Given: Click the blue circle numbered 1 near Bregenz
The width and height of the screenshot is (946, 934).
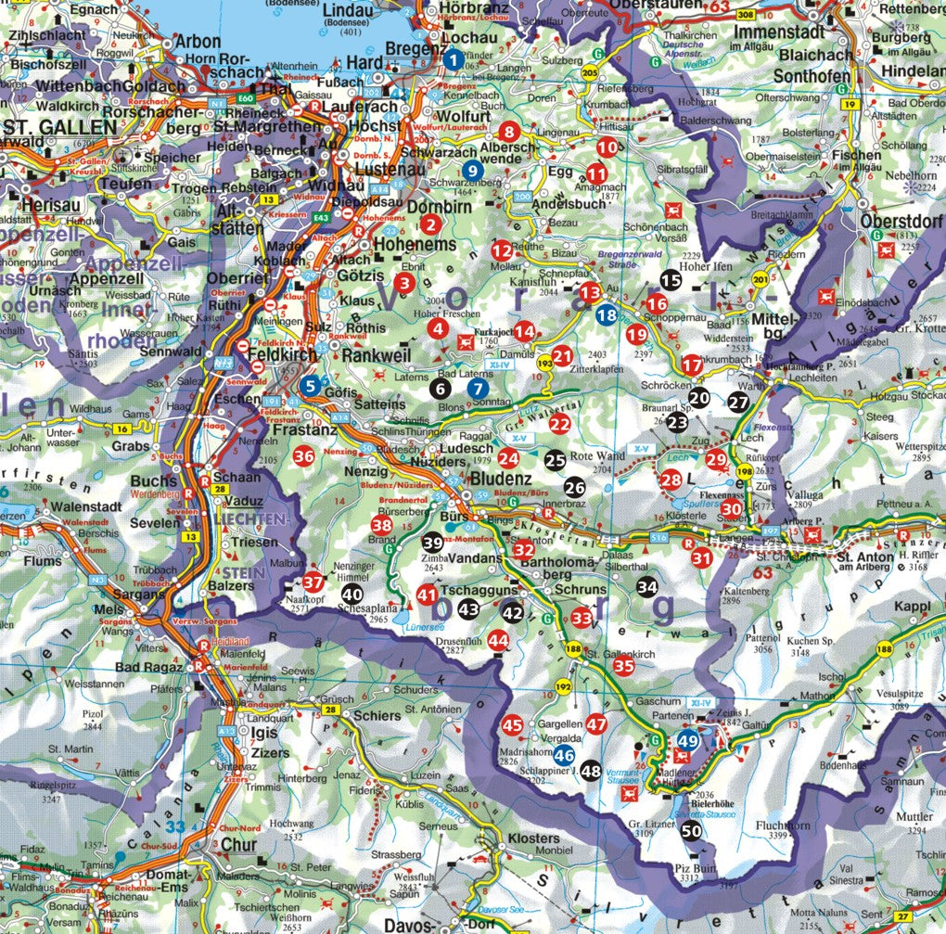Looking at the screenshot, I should pyautogui.click(x=453, y=59).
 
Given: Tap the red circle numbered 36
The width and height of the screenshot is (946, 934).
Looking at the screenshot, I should pyautogui.click(x=303, y=455).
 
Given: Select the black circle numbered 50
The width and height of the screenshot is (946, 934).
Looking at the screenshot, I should pyautogui.click(x=691, y=832).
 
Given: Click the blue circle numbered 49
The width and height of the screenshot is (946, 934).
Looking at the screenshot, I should pyautogui.click(x=687, y=740).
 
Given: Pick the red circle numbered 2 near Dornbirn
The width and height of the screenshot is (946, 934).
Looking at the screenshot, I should pyautogui.click(x=429, y=223).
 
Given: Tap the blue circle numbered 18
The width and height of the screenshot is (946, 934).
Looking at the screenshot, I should pyautogui.click(x=606, y=314).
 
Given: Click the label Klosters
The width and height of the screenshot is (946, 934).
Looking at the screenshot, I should pyautogui.click(x=534, y=838).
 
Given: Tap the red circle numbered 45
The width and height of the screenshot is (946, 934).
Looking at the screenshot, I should pyautogui.click(x=512, y=725).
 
